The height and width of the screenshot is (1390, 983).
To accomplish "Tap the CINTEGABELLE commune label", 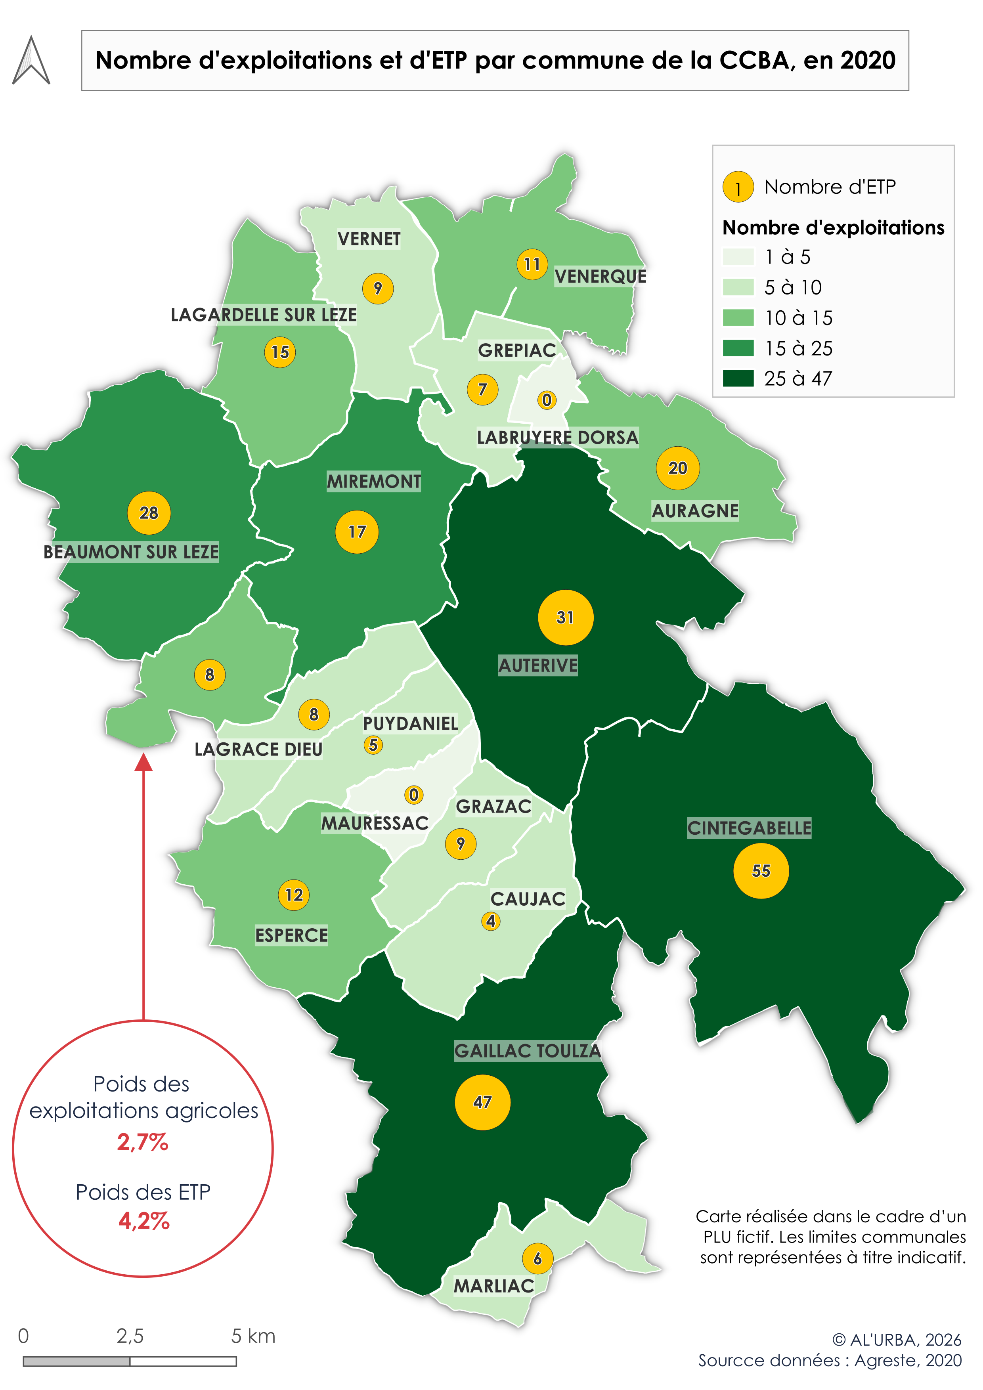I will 749,828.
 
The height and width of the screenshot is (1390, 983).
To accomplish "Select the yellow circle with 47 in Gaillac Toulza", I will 482,1102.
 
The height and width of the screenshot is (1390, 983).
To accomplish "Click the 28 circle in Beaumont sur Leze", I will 149,513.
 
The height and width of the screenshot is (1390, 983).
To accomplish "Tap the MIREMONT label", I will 373,481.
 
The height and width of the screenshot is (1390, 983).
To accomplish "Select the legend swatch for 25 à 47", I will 738,379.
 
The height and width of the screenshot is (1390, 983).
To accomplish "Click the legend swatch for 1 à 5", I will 738,257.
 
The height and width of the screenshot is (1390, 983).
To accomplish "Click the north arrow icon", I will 31,61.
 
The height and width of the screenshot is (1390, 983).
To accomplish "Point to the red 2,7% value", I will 143,1142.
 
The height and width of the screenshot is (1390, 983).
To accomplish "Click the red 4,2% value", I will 144,1220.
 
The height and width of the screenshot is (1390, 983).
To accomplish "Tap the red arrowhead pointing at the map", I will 143,763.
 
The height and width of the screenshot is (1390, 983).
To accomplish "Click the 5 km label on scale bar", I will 253,1336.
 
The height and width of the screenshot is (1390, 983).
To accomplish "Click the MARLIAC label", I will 493,1286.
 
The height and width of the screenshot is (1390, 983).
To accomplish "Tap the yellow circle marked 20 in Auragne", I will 677,468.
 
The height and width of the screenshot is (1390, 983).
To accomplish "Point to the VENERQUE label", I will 600,277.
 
